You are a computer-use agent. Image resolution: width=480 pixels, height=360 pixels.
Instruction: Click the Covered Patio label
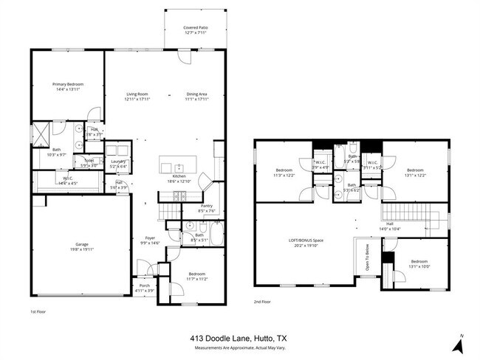tap(196, 28)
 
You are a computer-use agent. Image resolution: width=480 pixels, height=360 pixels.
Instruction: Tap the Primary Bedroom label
tap(67, 85)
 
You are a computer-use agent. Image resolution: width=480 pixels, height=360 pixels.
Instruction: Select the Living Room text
tap(137, 94)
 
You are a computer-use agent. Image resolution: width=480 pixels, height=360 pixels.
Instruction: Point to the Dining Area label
tap(196, 94)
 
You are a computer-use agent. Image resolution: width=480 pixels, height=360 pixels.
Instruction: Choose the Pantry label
tap(207, 207)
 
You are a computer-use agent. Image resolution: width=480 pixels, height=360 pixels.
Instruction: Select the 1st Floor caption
tap(39, 312)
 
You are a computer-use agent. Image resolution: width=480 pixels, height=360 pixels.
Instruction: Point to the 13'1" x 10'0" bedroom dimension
tap(419, 266)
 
